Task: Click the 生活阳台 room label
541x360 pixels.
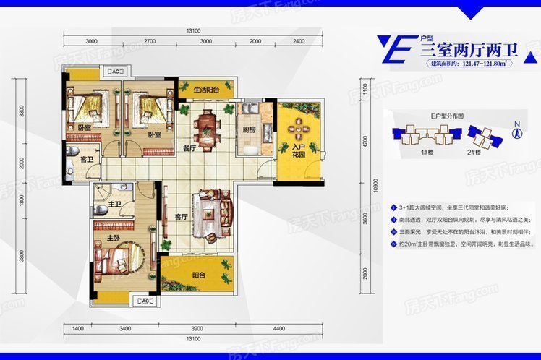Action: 206,90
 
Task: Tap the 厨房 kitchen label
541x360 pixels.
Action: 249,130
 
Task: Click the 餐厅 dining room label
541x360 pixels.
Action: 190,149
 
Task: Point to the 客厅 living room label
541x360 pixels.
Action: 181,215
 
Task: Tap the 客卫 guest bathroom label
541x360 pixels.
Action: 86,158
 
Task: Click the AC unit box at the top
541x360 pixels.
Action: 116,72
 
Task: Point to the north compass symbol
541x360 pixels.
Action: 517,131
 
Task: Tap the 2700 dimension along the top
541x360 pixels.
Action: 150,41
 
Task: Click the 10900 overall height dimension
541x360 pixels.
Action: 374,187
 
